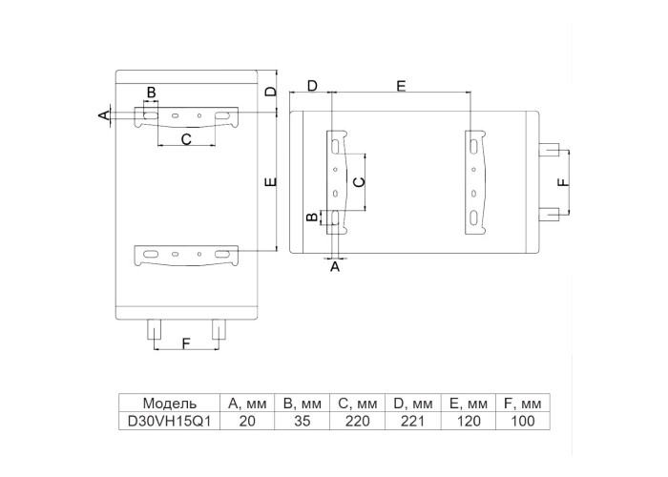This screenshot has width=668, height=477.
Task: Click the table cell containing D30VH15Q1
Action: (x=169, y=421)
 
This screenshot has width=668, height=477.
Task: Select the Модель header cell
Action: (x=169, y=403)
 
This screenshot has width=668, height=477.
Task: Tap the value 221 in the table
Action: (x=413, y=421)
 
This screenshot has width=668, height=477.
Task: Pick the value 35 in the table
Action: (x=303, y=421)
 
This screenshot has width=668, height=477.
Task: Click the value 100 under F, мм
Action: (x=523, y=421)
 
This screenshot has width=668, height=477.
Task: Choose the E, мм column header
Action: (x=469, y=403)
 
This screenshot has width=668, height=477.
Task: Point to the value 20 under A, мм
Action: (x=247, y=421)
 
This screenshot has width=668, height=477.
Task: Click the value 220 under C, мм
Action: (x=358, y=421)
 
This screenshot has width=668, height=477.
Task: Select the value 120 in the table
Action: (x=469, y=421)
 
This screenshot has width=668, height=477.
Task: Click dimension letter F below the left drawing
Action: (x=186, y=343)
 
